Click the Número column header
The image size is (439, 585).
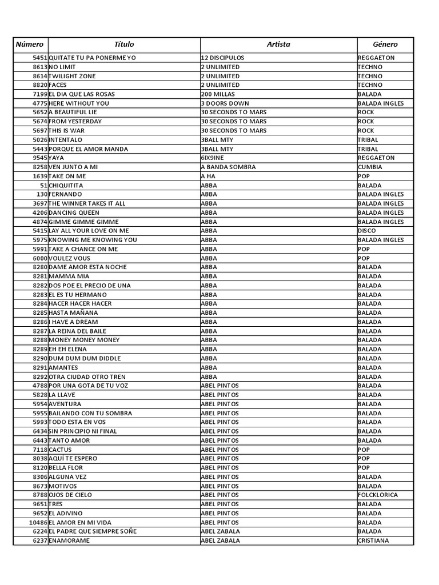30,44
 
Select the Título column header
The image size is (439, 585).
124,44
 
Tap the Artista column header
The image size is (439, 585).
278,44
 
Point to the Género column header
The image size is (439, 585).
385,44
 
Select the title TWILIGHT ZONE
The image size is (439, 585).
73,76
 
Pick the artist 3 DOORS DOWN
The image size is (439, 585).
225,103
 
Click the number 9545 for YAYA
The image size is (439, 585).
40,158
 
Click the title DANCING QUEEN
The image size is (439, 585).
74,213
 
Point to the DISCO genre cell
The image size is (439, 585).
367,231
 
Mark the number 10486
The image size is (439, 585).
38,523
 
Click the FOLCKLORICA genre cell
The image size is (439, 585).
378,495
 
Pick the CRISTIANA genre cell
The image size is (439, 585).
373,540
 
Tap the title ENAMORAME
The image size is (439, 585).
70,540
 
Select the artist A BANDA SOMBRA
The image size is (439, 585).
228,167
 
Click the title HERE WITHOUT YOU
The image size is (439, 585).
79,103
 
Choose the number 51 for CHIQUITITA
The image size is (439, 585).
43,185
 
